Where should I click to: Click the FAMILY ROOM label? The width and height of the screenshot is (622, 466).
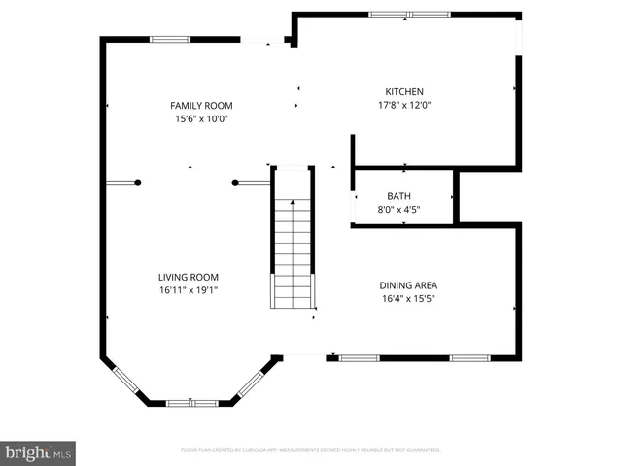[201, 106]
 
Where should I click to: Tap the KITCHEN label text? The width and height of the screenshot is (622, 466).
[404, 92]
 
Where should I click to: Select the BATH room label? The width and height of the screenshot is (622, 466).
[398, 195]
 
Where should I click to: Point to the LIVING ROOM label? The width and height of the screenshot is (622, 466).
[189, 276]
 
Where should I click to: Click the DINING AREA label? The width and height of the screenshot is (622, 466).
[408, 285]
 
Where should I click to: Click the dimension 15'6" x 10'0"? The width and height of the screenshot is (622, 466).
[201, 119]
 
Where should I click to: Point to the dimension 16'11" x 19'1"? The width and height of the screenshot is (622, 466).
[189, 289]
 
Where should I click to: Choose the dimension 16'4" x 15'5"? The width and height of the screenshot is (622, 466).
[408, 299]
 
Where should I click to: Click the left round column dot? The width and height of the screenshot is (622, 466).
[138, 182]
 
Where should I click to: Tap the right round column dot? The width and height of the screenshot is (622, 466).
[235, 182]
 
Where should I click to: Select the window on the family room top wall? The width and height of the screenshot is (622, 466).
[169, 39]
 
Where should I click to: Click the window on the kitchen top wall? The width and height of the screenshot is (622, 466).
[403, 15]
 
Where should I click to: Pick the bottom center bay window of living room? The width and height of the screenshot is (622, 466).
[190, 403]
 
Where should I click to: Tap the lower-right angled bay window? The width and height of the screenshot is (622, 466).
[255, 380]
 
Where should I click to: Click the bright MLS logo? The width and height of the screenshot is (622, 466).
[39, 452]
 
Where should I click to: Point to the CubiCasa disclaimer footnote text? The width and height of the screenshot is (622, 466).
[311, 450]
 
